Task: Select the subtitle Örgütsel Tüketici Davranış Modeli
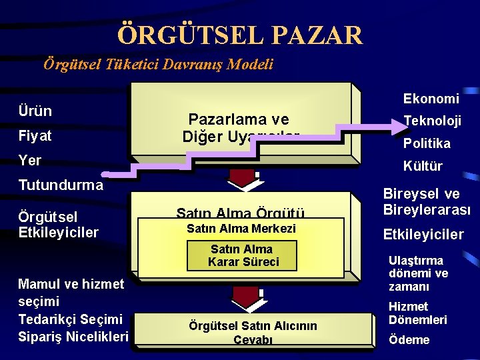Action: coord(158,65)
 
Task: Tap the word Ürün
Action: coord(35,111)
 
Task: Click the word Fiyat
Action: coord(36,136)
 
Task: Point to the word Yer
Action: coord(31,161)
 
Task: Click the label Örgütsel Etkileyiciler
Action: coord(59,225)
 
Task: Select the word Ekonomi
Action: coord(431,99)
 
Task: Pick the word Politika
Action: coord(426,143)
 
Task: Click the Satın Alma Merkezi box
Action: coord(241,229)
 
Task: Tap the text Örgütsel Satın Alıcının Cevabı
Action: coord(253,332)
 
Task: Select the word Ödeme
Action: coord(409,340)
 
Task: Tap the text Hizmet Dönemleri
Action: coord(418,313)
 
